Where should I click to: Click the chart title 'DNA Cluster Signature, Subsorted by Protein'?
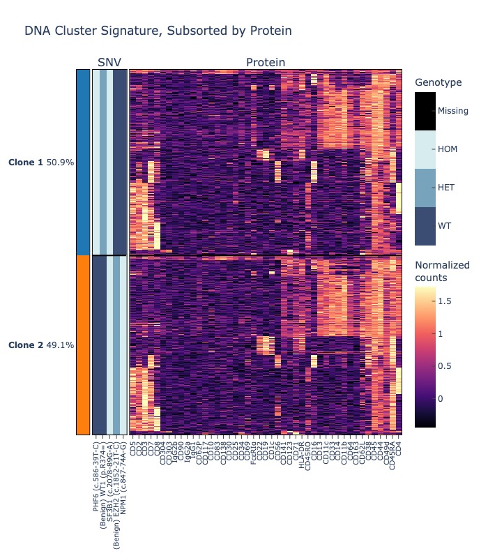tap(158, 31)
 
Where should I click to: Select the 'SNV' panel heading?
tap(109, 63)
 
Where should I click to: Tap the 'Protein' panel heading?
tap(266, 63)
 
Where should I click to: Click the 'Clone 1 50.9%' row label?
tap(41, 163)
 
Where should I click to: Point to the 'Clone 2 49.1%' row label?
tap(41, 345)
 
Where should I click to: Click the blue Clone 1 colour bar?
tap(83, 162)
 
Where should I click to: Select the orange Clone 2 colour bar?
tap(83, 345)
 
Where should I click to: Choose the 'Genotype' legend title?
tap(438, 83)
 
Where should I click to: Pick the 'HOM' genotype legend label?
tap(448, 149)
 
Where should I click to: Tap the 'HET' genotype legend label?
tap(446, 188)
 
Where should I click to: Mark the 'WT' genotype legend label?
tap(445, 226)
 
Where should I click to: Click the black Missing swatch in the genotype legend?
tap(425, 111)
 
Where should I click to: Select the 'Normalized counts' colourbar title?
tap(442, 271)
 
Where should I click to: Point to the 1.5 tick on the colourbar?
tap(445, 301)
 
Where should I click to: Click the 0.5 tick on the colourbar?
tap(445, 366)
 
